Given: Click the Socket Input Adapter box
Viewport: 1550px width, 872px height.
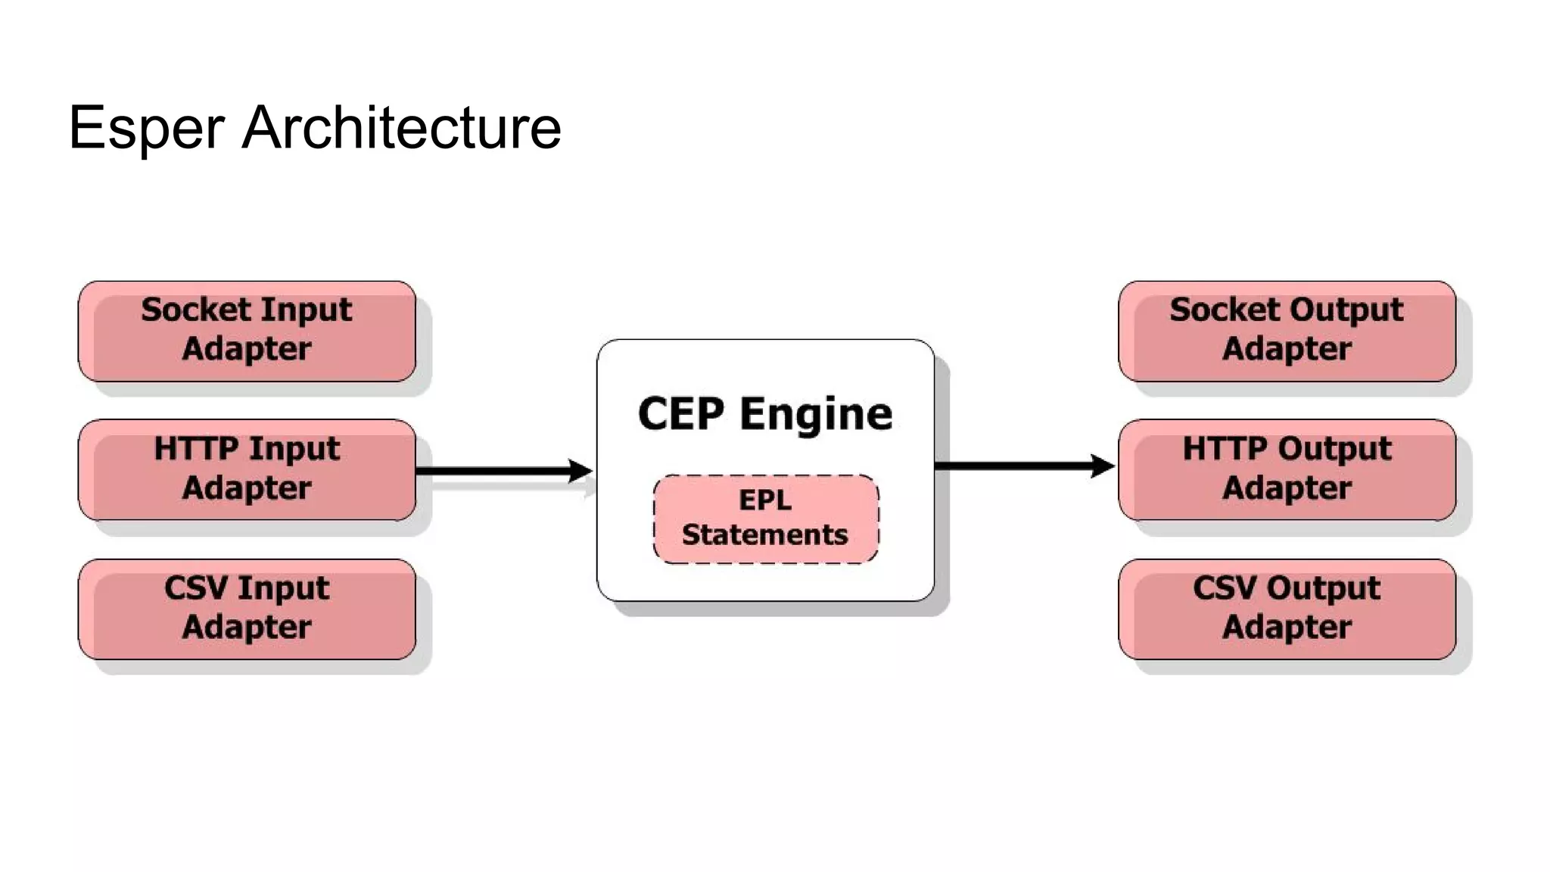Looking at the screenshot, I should click(x=247, y=331).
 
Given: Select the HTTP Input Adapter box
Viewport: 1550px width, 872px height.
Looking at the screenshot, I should click(x=247, y=469).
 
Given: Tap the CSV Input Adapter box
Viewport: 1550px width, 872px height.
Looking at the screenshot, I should click(x=247, y=609).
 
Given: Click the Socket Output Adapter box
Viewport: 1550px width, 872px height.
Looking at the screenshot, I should click(x=1287, y=331).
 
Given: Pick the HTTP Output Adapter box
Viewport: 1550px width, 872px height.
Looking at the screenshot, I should click(x=1287, y=469).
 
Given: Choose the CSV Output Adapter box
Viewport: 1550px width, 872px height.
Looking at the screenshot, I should click(x=1287, y=609).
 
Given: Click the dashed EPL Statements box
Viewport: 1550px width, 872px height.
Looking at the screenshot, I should click(x=765, y=519).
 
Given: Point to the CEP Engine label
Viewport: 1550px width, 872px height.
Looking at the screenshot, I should click(x=765, y=414).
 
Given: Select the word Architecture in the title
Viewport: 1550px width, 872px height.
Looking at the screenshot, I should click(x=401, y=127).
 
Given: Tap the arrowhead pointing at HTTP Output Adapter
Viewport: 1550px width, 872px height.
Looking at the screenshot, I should click(x=1103, y=466).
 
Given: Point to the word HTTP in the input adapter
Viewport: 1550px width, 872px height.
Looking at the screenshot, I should click(x=196, y=448).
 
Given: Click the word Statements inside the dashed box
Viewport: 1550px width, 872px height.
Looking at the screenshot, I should click(x=765, y=534).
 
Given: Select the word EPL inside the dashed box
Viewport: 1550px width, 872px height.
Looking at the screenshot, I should click(x=765, y=500).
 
